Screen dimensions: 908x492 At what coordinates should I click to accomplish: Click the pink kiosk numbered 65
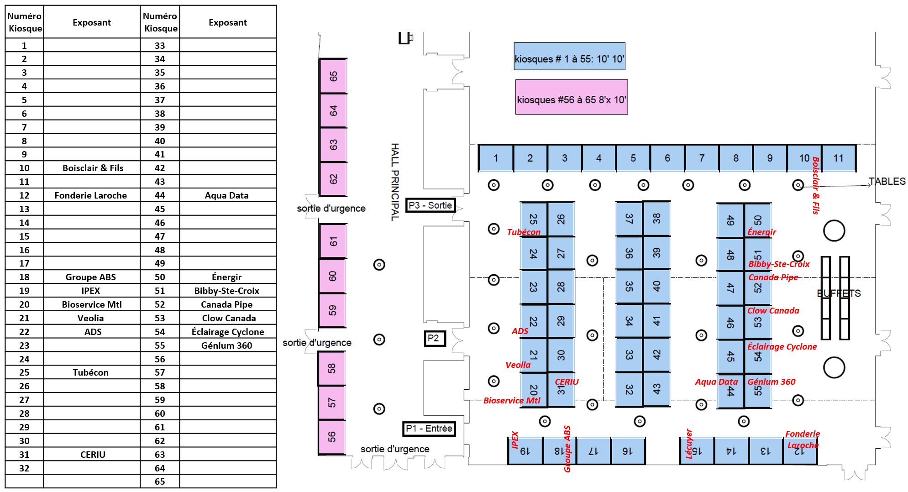[333, 76]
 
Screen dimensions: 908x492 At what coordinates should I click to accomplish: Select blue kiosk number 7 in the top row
[702, 158]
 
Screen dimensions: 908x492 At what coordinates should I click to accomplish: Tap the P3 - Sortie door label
[430, 205]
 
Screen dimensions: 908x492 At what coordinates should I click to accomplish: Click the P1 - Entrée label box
[429, 429]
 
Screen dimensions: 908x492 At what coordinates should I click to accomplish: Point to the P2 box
[435, 338]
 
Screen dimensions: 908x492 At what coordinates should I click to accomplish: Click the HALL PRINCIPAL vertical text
[395, 182]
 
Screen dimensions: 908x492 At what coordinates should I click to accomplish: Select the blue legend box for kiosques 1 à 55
[569, 56]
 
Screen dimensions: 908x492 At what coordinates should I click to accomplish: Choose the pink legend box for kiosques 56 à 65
[572, 97]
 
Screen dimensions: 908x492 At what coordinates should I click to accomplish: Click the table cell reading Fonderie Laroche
[91, 195]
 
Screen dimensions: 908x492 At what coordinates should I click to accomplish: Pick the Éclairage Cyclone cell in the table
[228, 332]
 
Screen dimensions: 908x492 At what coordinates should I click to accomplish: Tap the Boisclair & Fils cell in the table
[92, 168]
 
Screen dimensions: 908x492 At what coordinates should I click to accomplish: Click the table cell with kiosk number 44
[160, 195]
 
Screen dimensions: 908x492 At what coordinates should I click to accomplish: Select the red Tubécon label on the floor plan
[524, 232]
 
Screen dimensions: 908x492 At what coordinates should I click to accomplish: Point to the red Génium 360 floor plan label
[771, 382]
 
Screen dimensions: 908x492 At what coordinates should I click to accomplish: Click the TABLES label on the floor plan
[887, 181]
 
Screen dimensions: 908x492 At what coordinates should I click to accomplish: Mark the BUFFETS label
[839, 293]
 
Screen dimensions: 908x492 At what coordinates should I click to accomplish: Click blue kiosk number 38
[656, 219]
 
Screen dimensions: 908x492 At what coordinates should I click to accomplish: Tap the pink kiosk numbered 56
[332, 437]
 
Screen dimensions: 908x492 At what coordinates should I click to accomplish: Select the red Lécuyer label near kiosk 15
[689, 444]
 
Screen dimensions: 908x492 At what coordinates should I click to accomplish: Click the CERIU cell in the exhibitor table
[93, 455]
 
